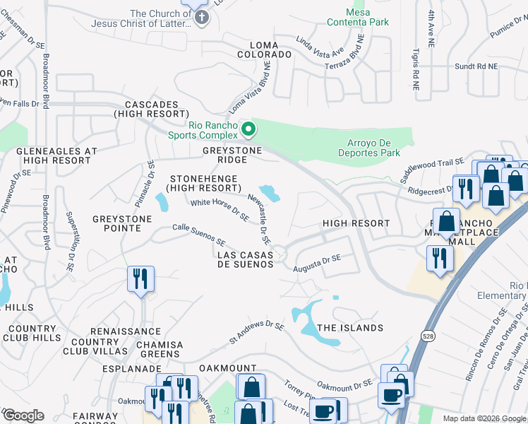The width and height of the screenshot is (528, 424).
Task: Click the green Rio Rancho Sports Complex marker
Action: (248, 129)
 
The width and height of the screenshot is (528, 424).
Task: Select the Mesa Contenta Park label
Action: (358, 18)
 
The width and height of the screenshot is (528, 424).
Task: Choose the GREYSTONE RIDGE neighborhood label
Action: (232, 155)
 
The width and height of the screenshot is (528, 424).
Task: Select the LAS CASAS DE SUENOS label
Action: (245, 259)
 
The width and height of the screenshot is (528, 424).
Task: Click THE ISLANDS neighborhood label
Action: (350, 328)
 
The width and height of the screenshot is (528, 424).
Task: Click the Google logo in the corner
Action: (23, 416)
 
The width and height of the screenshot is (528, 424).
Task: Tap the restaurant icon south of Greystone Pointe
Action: (140, 278)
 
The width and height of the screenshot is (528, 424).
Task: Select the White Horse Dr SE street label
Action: (220, 210)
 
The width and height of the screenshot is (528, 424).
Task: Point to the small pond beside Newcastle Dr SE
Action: (268, 192)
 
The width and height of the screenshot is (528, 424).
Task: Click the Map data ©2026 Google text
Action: (484, 418)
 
